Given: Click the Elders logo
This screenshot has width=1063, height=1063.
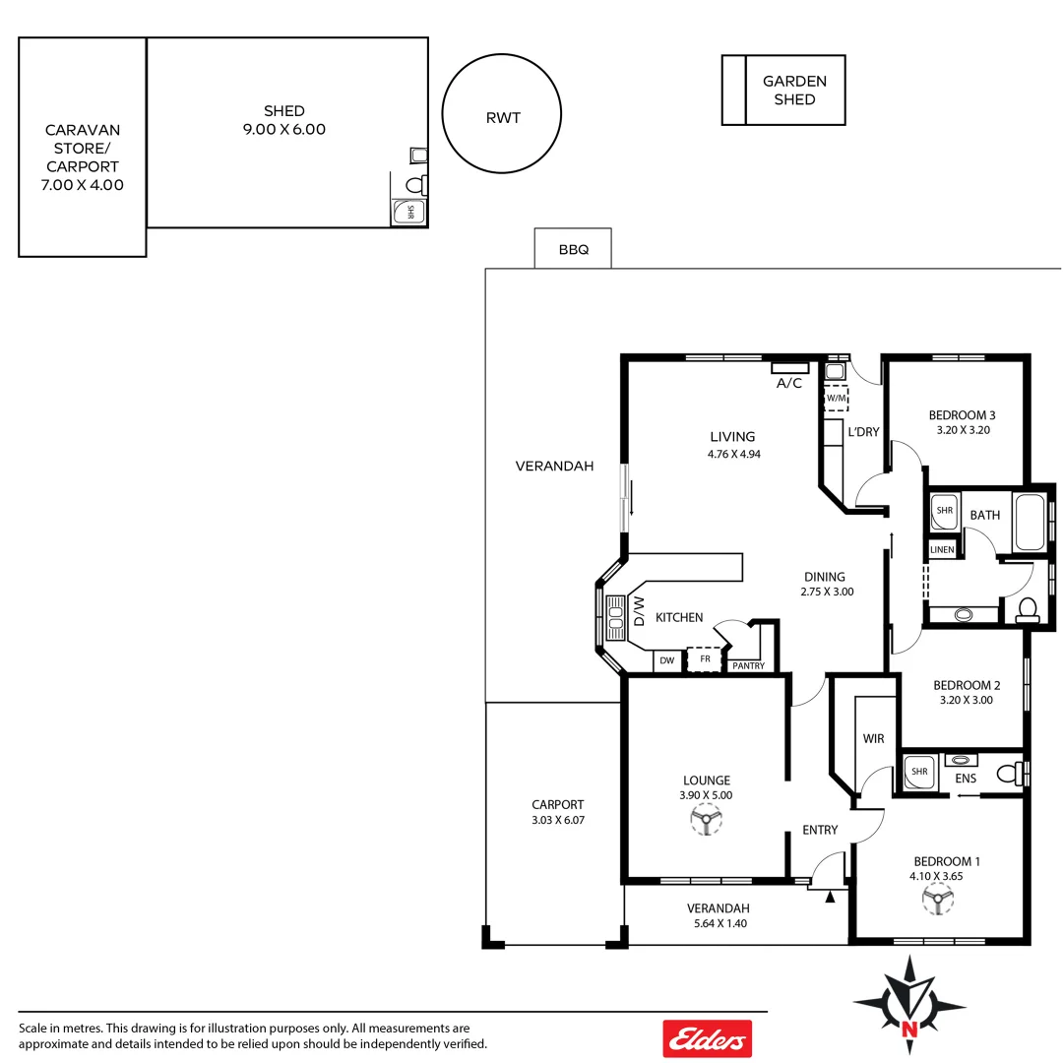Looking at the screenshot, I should click(x=707, y=1038).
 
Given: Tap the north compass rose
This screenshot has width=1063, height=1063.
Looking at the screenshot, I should click(x=910, y=1004).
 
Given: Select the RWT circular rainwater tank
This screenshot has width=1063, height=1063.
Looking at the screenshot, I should click(x=502, y=117).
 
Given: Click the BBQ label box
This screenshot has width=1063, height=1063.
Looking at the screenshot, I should click(x=573, y=249).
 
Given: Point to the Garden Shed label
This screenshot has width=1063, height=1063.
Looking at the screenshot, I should click(x=794, y=91).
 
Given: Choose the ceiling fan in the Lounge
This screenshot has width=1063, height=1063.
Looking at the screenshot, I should click(x=706, y=819).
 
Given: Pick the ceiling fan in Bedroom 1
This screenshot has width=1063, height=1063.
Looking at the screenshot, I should click(x=938, y=899).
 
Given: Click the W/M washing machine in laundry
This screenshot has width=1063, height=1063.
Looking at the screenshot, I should click(x=836, y=398).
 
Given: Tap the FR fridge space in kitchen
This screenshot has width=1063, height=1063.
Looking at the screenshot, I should click(x=704, y=659).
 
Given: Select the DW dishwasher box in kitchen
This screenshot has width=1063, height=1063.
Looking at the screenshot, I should click(x=667, y=660).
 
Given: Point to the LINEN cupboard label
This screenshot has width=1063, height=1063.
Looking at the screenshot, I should click(x=942, y=549).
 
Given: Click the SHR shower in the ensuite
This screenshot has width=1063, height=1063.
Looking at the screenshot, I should click(x=920, y=772).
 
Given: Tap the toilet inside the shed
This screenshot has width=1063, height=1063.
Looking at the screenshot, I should click(x=415, y=185).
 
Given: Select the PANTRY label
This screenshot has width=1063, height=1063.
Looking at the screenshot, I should click(x=748, y=666).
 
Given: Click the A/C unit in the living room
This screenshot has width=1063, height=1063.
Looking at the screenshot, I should click(x=789, y=368).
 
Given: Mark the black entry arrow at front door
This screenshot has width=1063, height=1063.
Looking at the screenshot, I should click(x=831, y=897).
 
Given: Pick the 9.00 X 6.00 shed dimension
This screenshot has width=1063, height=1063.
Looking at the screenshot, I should click(x=283, y=129).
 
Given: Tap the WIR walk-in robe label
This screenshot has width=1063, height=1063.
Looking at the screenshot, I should click(x=873, y=738).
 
